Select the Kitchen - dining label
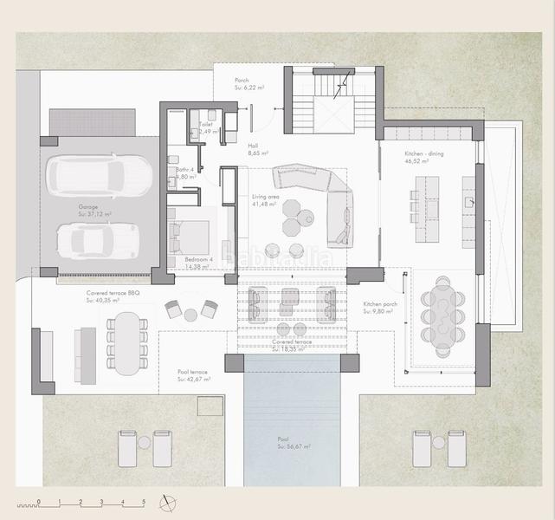pyautogui.click(x=423, y=157)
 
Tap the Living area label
pyautogui.click(x=264, y=200)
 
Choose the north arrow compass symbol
pyautogui.click(x=168, y=502)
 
